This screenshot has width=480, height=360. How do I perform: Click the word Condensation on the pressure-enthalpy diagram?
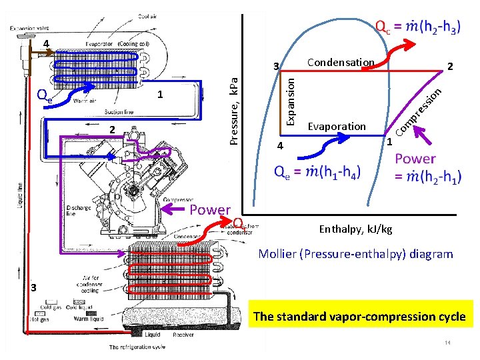pos(340,63)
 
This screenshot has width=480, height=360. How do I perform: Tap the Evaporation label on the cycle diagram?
pos(337,127)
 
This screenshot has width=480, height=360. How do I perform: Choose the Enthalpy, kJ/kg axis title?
pos(355,230)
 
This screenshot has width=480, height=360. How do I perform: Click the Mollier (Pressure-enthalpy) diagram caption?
pos(355,254)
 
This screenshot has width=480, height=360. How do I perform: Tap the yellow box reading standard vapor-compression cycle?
pos(359,317)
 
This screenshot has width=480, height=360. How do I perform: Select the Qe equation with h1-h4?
pos(317,173)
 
